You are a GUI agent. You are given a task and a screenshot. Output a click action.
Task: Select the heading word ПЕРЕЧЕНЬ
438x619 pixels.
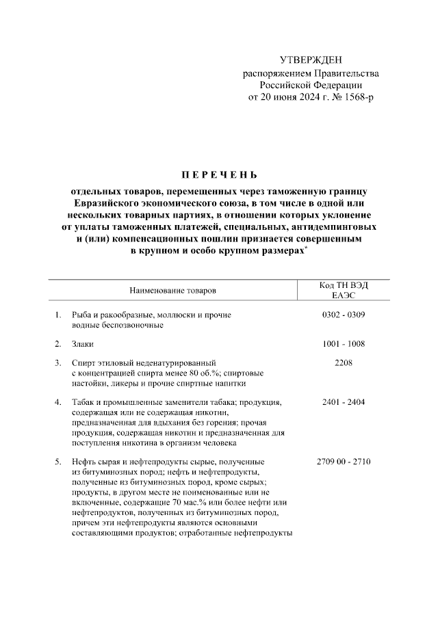(218, 174)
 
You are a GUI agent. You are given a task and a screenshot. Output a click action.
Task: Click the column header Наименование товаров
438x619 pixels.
(172, 291)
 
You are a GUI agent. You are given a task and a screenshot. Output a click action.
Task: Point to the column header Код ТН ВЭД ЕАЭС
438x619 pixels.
(344, 290)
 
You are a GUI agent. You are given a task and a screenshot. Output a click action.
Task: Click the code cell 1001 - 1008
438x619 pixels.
(344, 344)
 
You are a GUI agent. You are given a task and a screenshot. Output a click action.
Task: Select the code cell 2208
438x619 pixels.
(344, 363)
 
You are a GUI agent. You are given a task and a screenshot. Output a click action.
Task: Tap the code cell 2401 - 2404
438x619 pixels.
(344, 402)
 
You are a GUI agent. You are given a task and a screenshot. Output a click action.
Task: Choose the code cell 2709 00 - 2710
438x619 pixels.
(344, 462)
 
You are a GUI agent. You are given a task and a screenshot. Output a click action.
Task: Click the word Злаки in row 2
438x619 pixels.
(83, 344)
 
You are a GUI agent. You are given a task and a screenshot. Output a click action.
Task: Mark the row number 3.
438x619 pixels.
(57, 363)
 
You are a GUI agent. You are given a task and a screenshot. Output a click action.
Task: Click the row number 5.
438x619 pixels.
(57, 462)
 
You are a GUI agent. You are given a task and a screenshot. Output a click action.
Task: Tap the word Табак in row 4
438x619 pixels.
(83, 402)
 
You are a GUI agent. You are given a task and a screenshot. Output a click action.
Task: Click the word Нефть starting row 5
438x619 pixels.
(84, 462)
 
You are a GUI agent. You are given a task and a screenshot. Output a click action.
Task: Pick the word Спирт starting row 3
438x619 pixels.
(84, 363)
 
